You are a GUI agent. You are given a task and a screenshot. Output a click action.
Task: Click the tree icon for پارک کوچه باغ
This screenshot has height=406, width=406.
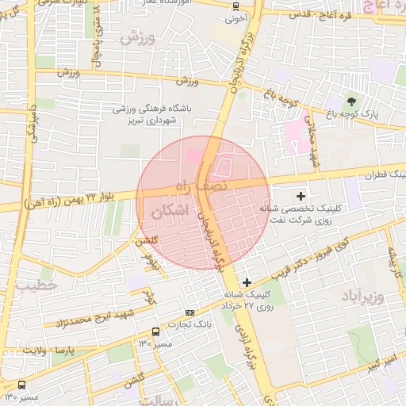pos(350,101)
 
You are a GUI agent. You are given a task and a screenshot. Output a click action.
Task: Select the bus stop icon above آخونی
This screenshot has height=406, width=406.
pos(235,6)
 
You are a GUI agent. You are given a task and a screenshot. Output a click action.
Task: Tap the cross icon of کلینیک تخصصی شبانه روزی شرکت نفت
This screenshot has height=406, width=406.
pos(301,195)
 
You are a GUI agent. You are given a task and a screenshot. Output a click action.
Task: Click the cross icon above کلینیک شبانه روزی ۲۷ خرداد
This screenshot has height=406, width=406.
pos(247,282)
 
